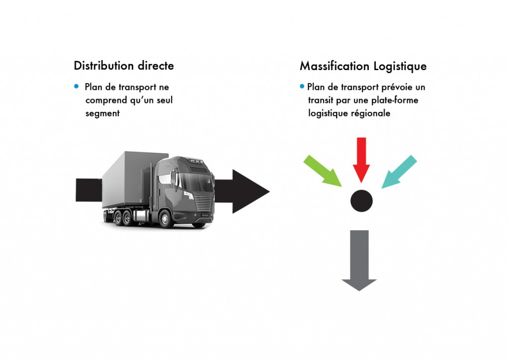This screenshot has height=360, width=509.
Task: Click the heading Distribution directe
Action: pos(124,66)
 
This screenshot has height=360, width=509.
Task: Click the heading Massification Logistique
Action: pos(363,66)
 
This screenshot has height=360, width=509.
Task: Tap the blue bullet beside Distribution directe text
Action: pos(77,87)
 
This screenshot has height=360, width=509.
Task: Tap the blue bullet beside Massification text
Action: pos(302,87)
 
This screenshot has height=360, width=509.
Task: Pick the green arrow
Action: pos(323,171)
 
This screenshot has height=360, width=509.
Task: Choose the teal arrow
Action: pos(399,172)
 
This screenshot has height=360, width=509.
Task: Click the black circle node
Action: pos(361,201)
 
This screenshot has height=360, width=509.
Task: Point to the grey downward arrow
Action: pos(359,259)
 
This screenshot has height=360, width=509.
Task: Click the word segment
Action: pos(102,114)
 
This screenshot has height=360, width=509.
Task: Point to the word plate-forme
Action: pos(392,100)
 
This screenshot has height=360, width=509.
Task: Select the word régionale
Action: pos(371,113)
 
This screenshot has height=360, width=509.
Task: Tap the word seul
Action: pos(164,100)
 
